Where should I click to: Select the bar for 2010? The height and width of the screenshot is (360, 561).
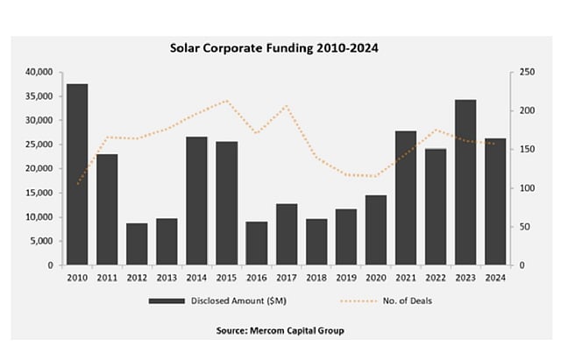78,174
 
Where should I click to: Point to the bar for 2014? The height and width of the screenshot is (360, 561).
197,201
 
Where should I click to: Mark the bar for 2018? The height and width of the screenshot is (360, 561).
316,242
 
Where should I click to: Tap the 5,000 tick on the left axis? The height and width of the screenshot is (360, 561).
41,241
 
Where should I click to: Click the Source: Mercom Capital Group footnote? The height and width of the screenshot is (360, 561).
280,330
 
